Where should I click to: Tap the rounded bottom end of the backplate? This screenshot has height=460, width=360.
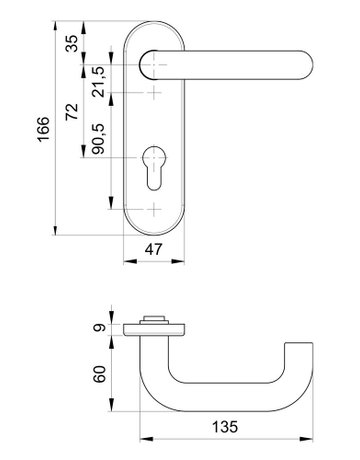tap(154, 228)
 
